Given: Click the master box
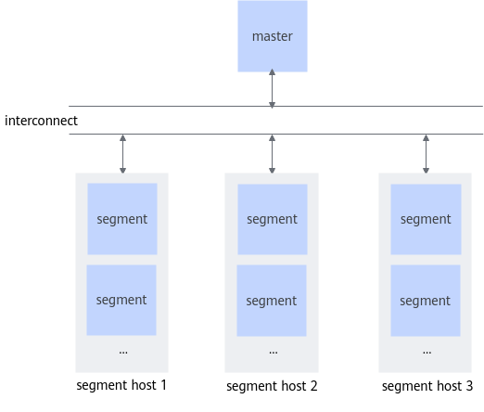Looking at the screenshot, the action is tap(273, 36).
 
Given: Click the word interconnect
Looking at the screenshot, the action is tap(41, 121).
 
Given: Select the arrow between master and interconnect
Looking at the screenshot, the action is tap(272, 88).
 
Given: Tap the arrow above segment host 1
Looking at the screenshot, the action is tap(122, 154).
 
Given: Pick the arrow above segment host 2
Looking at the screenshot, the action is tap(272, 154).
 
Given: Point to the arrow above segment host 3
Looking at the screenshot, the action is tap(426, 154).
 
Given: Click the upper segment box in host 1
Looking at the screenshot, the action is tap(122, 219).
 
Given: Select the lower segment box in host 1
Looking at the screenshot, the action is tap(121, 300).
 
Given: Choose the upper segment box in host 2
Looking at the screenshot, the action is tap(273, 219).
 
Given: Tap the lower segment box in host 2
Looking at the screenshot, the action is tap(272, 301).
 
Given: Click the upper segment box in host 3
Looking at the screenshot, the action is tap(426, 219).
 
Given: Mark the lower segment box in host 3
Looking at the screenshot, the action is tap(426, 301).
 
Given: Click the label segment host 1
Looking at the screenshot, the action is tap(121, 385).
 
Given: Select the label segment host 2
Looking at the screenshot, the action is tap(272, 386).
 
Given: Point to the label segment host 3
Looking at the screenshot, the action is tap(427, 386).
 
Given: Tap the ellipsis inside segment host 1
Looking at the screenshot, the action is tap(123, 353).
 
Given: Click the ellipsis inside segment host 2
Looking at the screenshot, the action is tap(274, 353).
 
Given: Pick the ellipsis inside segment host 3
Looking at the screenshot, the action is tap(427, 353).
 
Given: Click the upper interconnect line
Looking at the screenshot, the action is tap(275, 106).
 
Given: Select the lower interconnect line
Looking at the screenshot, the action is tap(275, 134).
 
